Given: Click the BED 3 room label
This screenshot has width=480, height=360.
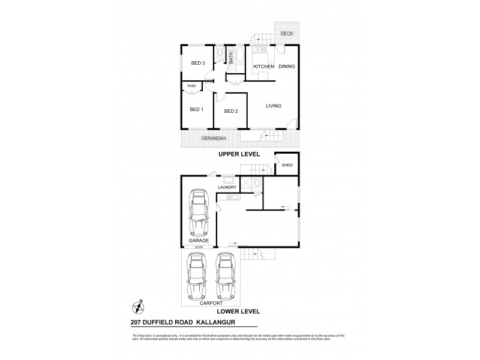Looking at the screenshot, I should (198, 63).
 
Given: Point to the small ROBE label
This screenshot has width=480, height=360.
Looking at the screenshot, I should (192, 86).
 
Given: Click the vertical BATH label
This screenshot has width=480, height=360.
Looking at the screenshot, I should (230, 58).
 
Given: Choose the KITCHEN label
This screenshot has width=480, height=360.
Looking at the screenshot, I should (263, 67).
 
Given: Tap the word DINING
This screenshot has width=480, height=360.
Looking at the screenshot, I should (287, 67).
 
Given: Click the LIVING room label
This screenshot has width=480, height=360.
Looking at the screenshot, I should (274, 106).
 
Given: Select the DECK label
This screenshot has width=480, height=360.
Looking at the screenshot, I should (287, 34).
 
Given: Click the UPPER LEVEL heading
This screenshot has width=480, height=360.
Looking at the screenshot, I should (239, 154).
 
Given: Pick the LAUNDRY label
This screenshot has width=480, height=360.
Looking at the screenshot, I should (227, 188).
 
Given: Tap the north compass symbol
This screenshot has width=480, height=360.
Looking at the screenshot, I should (137, 307).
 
